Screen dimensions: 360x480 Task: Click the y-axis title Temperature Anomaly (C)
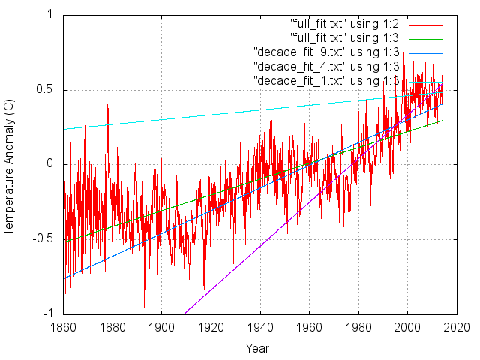(x=9, y=164)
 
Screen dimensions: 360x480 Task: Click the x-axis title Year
(x=257, y=348)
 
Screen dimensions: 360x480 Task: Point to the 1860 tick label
(x=63, y=328)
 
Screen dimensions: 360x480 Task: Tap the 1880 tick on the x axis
(x=112, y=328)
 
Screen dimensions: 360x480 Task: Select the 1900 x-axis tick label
(x=161, y=328)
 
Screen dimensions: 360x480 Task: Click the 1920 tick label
(x=211, y=328)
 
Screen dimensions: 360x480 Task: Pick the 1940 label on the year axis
(x=260, y=328)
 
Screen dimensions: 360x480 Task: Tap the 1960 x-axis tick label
(x=310, y=328)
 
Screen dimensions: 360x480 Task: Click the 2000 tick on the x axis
(x=408, y=328)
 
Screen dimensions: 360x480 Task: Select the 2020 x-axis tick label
(x=457, y=328)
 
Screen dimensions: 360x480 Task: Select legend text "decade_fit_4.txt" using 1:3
(x=327, y=66)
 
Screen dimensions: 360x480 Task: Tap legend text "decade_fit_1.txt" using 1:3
(x=327, y=80)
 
